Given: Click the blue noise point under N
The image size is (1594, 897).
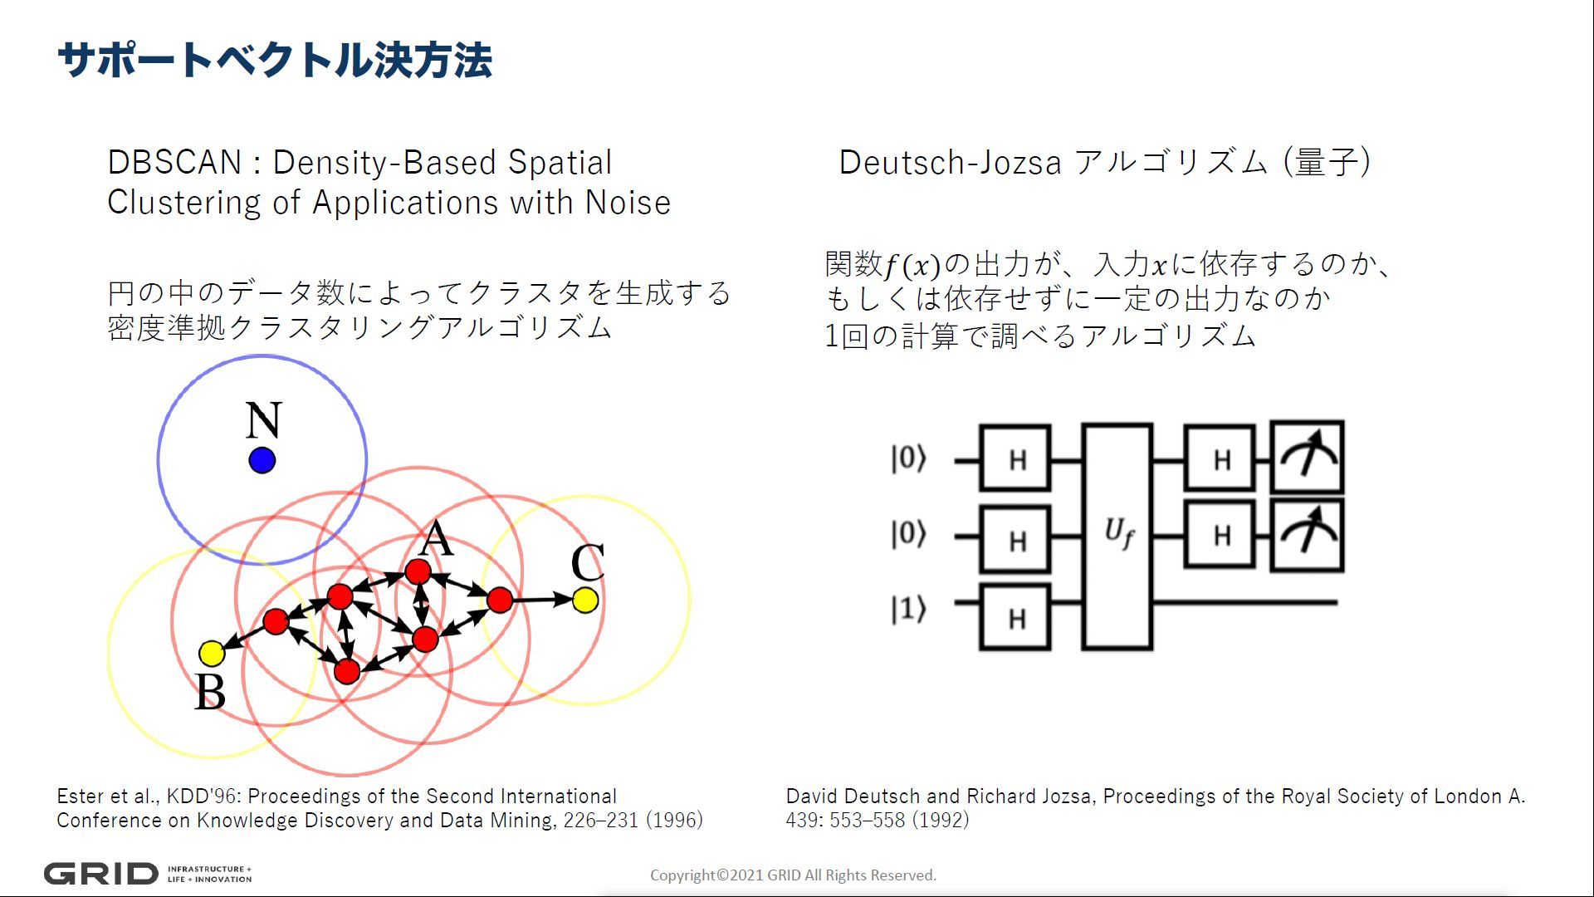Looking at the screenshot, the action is (262, 460).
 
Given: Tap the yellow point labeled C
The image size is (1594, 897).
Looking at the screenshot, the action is (585, 600).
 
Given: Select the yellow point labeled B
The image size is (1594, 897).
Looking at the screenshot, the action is (212, 654).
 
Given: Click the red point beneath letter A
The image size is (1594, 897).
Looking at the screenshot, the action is (418, 571).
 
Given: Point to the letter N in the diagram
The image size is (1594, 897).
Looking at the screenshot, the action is (263, 420).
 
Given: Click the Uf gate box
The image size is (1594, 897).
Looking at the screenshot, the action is (1117, 537).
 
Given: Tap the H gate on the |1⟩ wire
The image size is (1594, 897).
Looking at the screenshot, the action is (1015, 617).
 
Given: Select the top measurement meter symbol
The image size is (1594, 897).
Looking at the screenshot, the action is (1308, 458).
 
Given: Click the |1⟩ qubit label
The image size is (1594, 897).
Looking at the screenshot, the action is (908, 609).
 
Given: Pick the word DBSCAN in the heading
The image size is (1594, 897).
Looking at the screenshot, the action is (174, 162).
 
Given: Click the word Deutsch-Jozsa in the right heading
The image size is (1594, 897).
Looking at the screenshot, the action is (951, 162).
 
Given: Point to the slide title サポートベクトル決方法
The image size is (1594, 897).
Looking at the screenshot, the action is (275, 60).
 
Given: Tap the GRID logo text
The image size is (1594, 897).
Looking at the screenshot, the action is (100, 874).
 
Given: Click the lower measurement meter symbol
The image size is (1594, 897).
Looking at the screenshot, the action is (1308, 536).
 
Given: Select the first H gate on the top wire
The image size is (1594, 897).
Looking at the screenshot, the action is (1015, 458).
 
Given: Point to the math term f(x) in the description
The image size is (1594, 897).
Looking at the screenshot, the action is (912, 266).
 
